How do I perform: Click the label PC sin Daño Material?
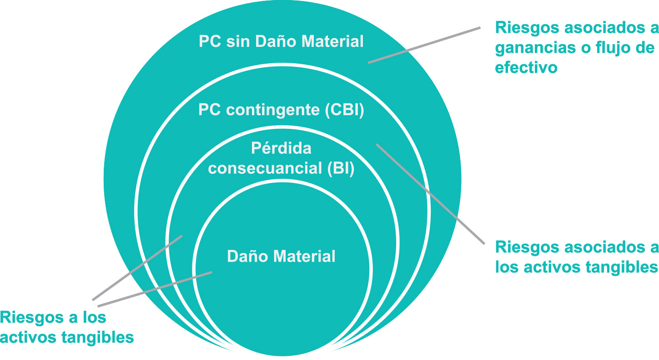pyautogui.click(x=281, y=42)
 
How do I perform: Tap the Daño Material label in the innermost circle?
pyautogui.click(x=281, y=256)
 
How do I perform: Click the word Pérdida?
pyautogui.click(x=281, y=148)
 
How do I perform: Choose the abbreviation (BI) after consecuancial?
pyautogui.click(x=340, y=168)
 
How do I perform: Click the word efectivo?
pyautogui.click(x=526, y=67)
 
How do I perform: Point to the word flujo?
pyautogui.click(x=608, y=48)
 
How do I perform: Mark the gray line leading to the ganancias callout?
pyautogui.click(x=424, y=45)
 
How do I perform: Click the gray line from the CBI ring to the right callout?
pyautogui.click(x=430, y=193)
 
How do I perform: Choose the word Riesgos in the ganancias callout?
pyautogui.click(x=524, y=28)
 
